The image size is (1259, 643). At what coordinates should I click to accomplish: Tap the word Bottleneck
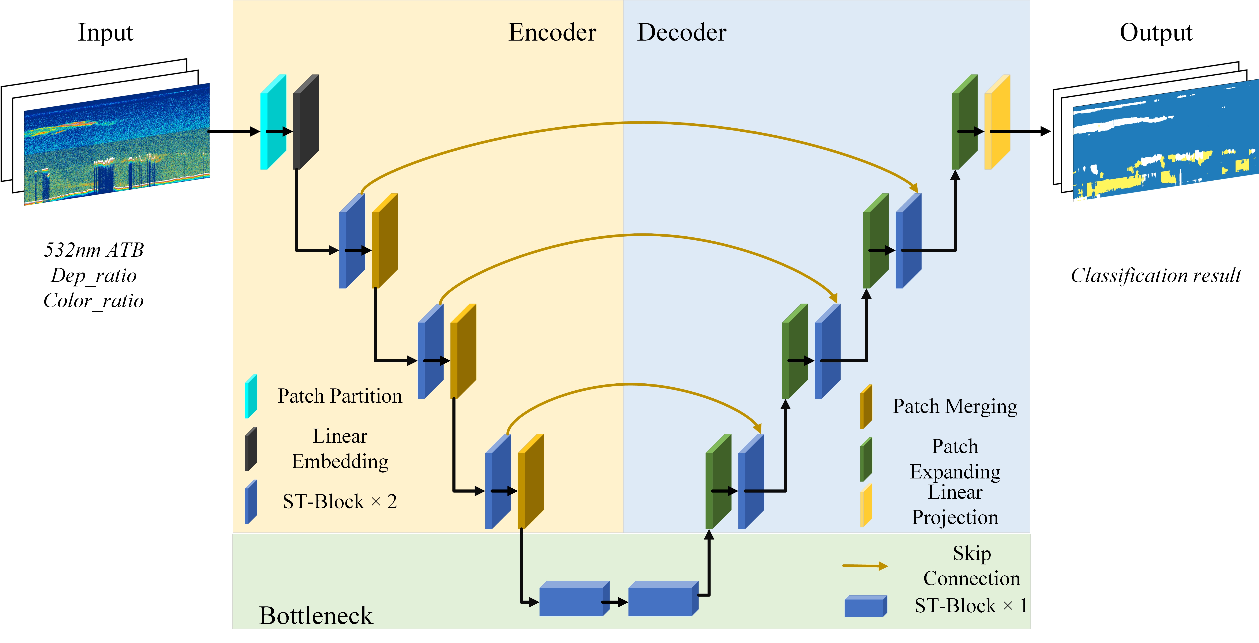[x=316, y=615]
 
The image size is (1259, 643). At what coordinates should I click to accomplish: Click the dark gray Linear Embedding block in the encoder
[x=306, y=122]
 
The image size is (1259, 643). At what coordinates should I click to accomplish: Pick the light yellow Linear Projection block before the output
[x=997, y=122]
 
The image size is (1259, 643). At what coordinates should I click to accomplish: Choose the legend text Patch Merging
[x=955, y=406]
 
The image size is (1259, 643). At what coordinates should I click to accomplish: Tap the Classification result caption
[x=1155, y=276]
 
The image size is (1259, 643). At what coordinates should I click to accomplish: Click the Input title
[x=106, y=33]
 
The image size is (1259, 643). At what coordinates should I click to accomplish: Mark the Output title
[x=1155, y=33]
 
